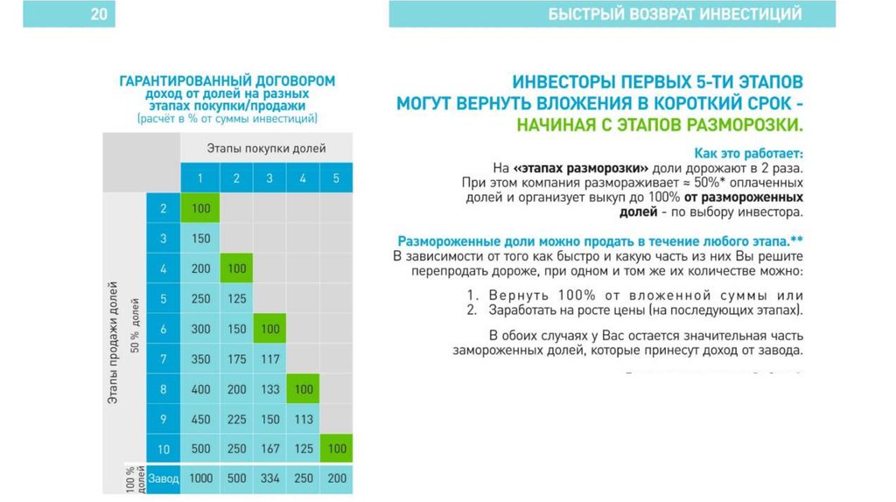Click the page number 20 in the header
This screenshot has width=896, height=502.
pyautogui.click(x=99, y=14)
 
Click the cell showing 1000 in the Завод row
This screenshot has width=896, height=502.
pyautogui.click(x=200, y=478)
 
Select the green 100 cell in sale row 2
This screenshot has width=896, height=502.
pyautogui.click(x=200, y=209)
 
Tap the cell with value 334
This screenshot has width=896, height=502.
pyautogui.click(x=269, y=478)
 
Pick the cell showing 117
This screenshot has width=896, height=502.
pyautogui.click(x=269, y=359)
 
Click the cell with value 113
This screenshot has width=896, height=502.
pyautogui.click(x=304, y=419)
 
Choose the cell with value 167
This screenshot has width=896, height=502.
pyautogui.click(x=269, y=449)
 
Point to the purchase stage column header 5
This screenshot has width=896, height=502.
pyautogui.click(x=336, y=178)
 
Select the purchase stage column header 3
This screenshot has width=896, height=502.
pyautogui.click(x=269, y=178)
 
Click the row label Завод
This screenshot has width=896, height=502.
pyautogui.click(x=164, y=478)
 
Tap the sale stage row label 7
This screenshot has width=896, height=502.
pyautogui.click(x=164, y=359)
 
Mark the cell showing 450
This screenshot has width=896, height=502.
pyautogui.click(x=200, y=419)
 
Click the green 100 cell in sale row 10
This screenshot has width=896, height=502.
pyautogui.click(x=336, y=449)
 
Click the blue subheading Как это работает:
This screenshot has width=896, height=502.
pyautogui.click(x=748, y=152)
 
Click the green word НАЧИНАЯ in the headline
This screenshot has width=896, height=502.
pyautogui.click(x=556, y=123)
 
